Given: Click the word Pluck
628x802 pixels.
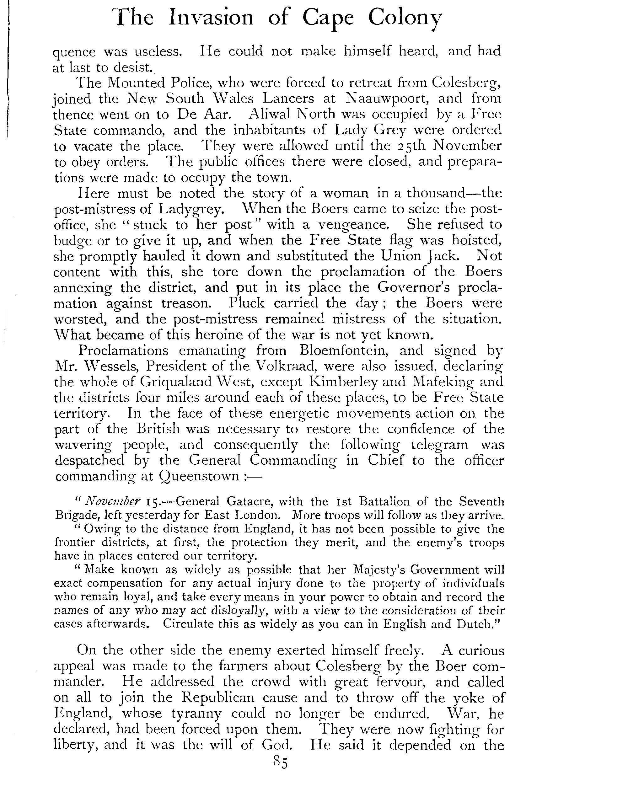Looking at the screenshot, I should [x=246, y=303].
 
